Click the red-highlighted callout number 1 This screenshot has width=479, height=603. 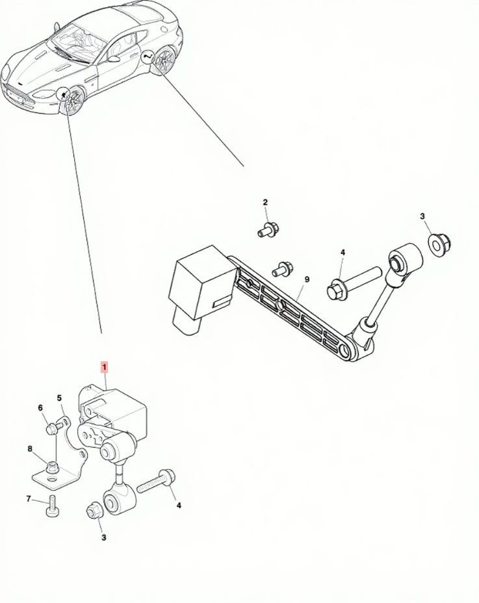point(104,368)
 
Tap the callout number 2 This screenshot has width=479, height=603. point(265,202)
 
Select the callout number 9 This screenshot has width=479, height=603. point(307,279)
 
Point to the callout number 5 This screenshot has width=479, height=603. point(59,398)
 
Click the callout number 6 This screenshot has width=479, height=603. point(41,408)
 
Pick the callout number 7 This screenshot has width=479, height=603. point(29,499)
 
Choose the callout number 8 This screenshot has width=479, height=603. point(29,448)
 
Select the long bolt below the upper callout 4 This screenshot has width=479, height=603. point(354,282)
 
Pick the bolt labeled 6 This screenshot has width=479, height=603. point(54,428)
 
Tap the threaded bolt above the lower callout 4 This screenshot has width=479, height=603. point(156,480)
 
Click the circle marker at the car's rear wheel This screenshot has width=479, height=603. point(148,58)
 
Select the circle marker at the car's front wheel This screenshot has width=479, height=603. point(62,94)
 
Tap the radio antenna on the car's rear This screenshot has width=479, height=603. point(57,26)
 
